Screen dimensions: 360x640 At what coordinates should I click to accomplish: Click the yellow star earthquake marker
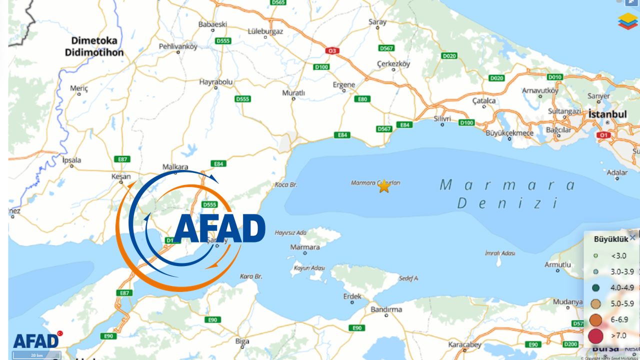384,186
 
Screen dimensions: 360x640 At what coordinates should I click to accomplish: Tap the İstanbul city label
607,114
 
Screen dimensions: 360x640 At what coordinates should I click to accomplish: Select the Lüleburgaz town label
265,31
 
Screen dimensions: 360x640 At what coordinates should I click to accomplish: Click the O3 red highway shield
331,50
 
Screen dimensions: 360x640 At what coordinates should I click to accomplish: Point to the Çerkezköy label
392,64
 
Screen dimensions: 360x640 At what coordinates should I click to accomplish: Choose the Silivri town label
442,118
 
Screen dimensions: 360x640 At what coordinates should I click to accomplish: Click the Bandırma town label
386,309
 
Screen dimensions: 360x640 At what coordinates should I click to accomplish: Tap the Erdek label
352,296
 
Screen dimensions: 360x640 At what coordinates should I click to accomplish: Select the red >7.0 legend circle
596,335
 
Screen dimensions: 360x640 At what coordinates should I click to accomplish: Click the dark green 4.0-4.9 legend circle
596,287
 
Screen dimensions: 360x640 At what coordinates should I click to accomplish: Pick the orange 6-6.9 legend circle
596,319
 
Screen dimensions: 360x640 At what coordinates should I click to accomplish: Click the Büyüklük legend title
610,239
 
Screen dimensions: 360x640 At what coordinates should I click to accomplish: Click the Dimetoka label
94,40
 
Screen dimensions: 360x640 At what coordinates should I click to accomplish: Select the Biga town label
242,341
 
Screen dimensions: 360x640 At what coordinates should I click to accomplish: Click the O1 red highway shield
604,135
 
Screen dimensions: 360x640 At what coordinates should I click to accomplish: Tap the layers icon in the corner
627,21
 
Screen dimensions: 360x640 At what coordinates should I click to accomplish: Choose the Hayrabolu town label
216,81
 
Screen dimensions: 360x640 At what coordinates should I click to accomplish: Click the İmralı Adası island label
500,253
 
